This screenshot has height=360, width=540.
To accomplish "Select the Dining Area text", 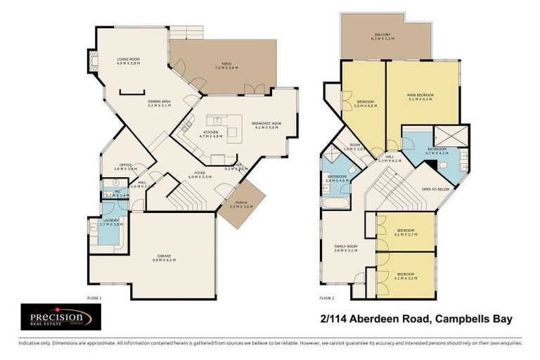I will tap(159, 103).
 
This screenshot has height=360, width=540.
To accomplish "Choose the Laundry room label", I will tap(111, 221).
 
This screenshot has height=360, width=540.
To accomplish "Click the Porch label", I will tap(240, 205).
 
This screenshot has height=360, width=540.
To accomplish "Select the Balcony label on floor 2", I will tap(384, 37).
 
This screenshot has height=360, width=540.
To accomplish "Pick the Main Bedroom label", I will tap(420, 96).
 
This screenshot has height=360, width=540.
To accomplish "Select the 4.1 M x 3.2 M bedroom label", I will tap(405, 276).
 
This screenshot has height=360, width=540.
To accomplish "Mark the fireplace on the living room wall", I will tap(92, 62).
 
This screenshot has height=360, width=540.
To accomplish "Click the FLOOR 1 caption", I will tap(94, 298).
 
